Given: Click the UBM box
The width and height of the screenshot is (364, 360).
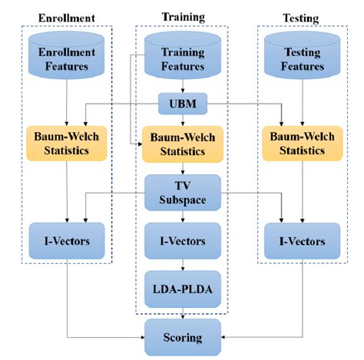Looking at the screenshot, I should tap(183, 102).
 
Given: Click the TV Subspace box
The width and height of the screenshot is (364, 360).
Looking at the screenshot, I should tap(183, 192).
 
